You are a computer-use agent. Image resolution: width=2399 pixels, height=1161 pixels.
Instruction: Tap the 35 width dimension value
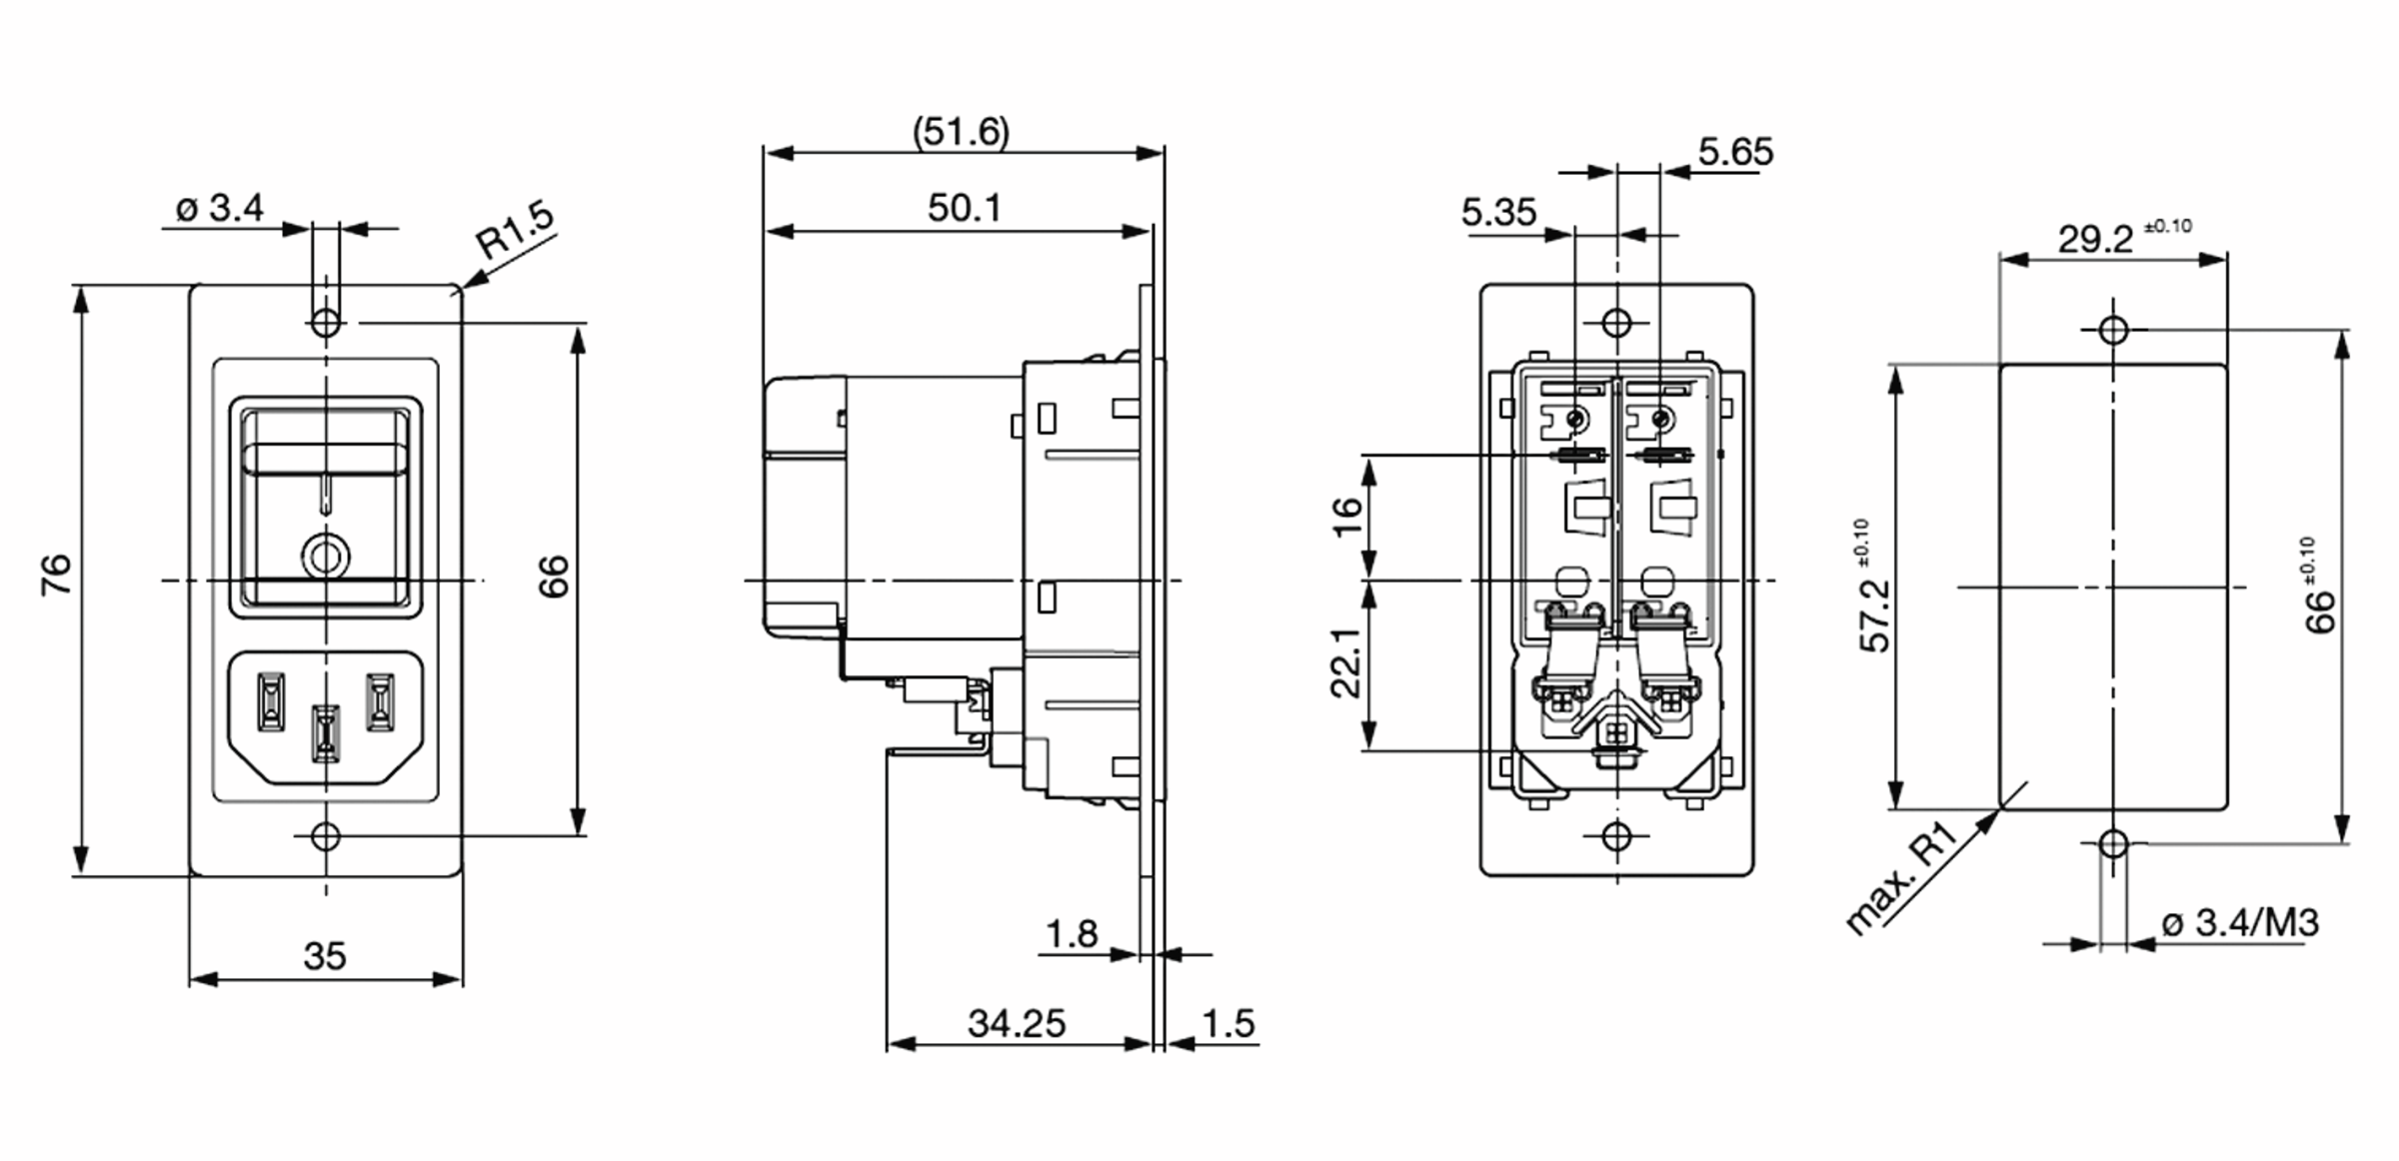pyautogui.click(x=325, y=956)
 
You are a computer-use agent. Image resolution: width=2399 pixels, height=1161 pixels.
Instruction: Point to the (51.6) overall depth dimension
pyautogui.click(x=962, y=132)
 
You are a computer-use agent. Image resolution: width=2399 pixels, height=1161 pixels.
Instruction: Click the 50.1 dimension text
pyautogui.click(x=964, y=208)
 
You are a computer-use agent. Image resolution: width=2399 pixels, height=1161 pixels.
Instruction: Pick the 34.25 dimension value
pyautogui.click(x=1017, y=1023)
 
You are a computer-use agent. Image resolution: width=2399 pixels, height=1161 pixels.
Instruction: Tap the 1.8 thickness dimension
pyautogui.click(x=1072, y=934)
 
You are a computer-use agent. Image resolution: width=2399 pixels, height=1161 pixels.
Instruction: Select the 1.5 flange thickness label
pyautogui.click(x=1227, y=1023)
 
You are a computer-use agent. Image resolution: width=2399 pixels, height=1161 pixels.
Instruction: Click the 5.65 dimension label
pyautogui.click(x=1735, y=152)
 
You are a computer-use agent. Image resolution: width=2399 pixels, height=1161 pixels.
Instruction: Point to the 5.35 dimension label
pyautogui.click(x=1498, y=212)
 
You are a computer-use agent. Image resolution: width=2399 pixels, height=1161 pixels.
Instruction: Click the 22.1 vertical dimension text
pyautogui.click(x=1346, y=662)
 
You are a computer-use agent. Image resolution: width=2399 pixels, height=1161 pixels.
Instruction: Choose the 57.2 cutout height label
pyautogui.click(x=1875, y=614)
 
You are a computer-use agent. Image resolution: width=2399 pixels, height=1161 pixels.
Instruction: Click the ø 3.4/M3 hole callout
pyautogui.click(x=2239, y=923)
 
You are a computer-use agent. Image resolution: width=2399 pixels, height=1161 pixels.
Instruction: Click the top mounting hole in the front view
pyautogui.click(x=326, y=323)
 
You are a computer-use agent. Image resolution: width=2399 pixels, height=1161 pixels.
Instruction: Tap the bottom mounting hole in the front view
pyautogui.click(x=326, y=836)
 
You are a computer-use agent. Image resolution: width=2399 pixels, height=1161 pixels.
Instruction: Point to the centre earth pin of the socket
pyautogui.click(x=326, y=732)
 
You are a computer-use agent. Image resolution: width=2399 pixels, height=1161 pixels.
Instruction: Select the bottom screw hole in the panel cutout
pyautogui.click(x=2113, y=843)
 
